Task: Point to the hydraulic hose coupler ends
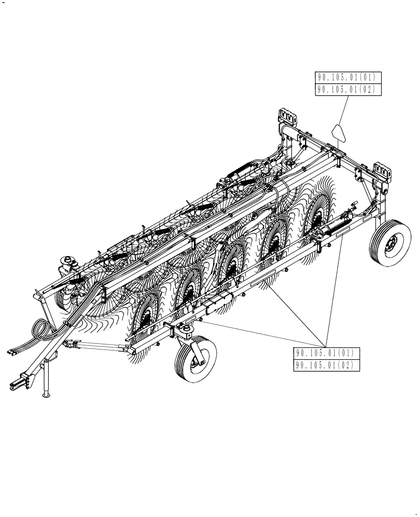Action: (x=13, y=351)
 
